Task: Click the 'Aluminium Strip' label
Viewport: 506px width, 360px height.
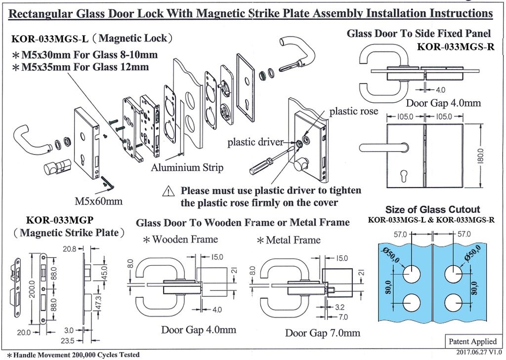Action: [187, 167]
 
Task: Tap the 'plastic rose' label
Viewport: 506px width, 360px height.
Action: [353, 111]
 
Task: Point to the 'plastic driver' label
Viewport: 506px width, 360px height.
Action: [255, 143]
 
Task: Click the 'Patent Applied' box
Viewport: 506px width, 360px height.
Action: [472, 341]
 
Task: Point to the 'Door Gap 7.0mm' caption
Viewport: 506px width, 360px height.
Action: [322, 333]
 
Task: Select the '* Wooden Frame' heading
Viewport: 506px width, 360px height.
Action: [180, 240]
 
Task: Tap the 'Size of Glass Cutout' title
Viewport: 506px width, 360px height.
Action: [432, 209]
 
